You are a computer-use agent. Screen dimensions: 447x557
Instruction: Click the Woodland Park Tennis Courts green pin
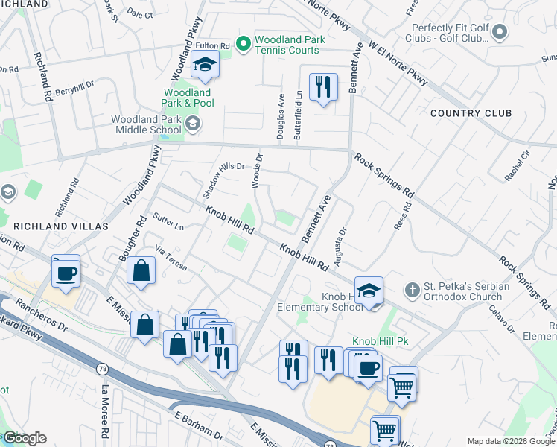pos(243,45)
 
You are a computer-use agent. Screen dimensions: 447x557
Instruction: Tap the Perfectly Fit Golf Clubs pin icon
pos(500,33)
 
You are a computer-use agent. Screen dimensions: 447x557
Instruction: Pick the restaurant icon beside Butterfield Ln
pos(322,89)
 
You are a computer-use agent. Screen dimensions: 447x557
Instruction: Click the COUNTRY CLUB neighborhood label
pos(470,113)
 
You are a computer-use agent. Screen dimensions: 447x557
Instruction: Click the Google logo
pos(25,438)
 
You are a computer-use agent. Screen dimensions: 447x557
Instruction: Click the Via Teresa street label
pos(171,257)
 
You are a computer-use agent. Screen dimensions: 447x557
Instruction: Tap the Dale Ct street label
pos(140,15)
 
